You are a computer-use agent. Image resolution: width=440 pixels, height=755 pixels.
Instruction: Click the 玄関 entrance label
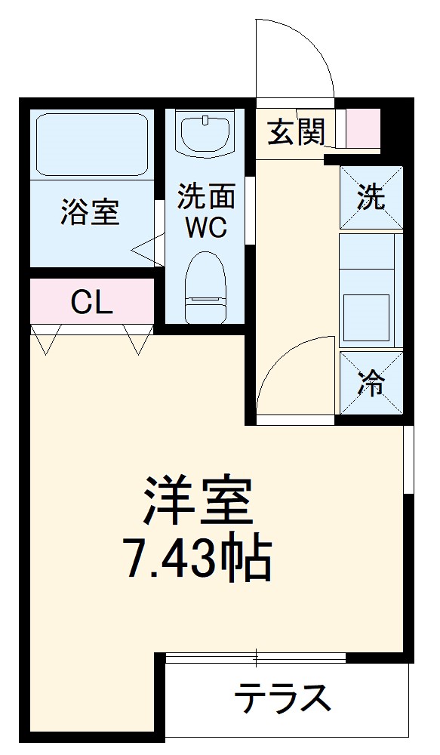pyautogui.click(x=296, y=134)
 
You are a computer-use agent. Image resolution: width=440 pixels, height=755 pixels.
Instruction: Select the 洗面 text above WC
pyautogui.click(x=207, y=198)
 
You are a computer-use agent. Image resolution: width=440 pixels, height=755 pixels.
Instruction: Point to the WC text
pyautogui.click(x=207, y=228)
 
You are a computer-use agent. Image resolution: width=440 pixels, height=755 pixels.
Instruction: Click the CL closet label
pyautogui.click(x=91, y=303)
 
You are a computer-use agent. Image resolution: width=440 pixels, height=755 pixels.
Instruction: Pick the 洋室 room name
pyautogui.click(x=197, y=501)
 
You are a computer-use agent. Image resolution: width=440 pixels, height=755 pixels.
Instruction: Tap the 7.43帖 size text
pyautogui.click(x=197, y=559)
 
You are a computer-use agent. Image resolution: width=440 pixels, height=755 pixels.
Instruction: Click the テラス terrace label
pyautogui.click(x=282, y=698)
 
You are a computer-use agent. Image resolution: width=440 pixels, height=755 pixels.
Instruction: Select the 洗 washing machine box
pyautogui.click(x=371, y=198)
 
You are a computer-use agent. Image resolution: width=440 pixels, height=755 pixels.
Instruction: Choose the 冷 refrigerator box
pyautogui.click(x=371, y=384)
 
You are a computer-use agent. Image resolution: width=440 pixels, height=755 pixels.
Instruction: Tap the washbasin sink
pyautogui.click(x=206, y=134)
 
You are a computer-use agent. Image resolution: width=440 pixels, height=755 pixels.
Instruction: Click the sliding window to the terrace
pyautogui.click(x=257, y=658)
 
